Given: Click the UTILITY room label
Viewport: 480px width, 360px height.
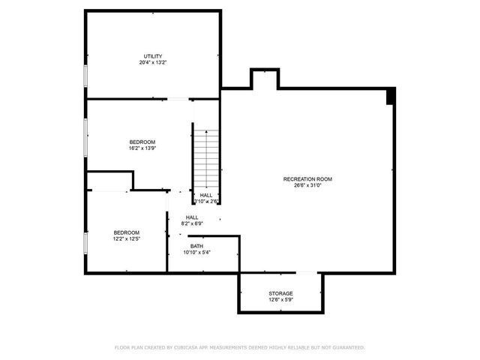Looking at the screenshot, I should click(x=154, y=56).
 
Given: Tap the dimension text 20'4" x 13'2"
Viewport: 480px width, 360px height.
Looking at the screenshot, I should click(x=154, y=63).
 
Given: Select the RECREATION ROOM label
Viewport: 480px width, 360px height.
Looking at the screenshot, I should click(x=307, y=178).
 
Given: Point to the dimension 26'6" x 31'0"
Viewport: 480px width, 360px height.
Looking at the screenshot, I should click(x=307, y=185).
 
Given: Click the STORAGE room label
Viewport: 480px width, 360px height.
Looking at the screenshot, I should click(x=280, y=293).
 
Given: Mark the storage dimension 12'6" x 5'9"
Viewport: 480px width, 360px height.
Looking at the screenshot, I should click(x=280, y=300).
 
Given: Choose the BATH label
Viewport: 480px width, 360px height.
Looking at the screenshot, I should click(x=196, y=246).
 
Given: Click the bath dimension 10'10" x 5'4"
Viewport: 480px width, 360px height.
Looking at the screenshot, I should click(x=196, y=253).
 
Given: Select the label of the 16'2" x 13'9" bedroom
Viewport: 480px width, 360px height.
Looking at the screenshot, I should click(x=142, y=142).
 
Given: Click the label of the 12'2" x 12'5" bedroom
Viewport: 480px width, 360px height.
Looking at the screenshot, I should click(x=126, y=232).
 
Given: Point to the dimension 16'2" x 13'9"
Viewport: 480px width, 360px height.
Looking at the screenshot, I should click(x=142, y=148).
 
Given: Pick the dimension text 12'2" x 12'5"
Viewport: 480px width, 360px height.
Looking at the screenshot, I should click(x=126, y=239).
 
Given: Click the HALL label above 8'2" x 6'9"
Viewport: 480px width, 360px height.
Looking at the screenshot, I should click(x=192, y=217).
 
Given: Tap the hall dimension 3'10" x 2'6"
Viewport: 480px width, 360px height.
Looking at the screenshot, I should click(x=205, y=201).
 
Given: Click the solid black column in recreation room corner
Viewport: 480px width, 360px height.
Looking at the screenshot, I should click(x=390, y=96).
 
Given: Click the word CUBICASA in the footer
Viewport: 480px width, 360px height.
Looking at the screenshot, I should click(x=190, y=348).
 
